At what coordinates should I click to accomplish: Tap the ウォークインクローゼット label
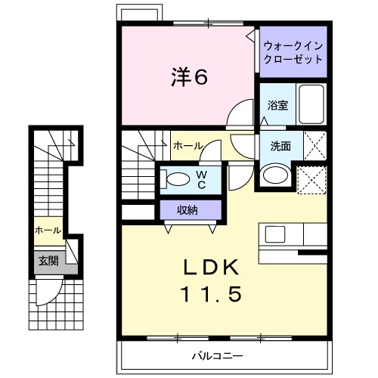(293, 51)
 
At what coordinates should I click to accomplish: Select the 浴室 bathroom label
(277, 106)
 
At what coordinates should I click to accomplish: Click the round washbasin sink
(274, 175)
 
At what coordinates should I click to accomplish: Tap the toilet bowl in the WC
(177, 179)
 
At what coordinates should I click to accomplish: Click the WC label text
(202, 178)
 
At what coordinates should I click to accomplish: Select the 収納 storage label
(188, 209)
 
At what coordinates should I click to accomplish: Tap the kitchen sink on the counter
(274, 234)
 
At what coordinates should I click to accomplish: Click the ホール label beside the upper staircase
(187, 144)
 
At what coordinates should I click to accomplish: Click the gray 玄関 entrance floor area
(48, 262)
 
